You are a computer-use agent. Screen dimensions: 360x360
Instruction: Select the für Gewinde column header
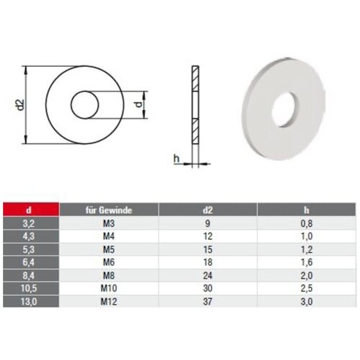coord(109,210)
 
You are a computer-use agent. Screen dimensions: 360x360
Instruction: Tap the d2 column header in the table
coord(207,210)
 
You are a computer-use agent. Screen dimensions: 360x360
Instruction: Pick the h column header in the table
coord(307,210)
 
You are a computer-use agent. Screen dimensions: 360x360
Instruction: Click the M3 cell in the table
coord(109,223)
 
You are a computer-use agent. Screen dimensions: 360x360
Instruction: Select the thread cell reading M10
coord(109,288)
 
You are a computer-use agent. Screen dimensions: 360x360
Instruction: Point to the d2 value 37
coord(207,301)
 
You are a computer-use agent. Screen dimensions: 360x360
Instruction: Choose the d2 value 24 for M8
coord(207,275)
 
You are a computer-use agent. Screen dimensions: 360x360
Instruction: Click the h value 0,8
coord(307,224)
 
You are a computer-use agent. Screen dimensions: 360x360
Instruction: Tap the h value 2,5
coord(307,288)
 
